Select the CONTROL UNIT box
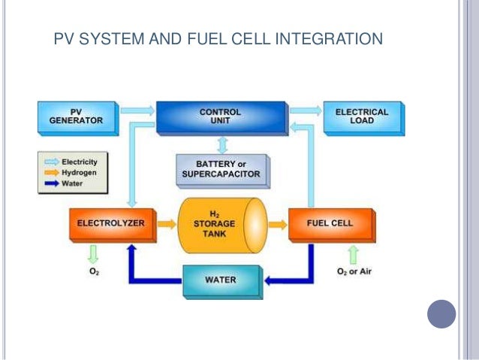(220, 117)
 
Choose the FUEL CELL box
(329, 223)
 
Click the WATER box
(221, 280)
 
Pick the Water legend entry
(75, 182)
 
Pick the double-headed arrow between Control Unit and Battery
(221, 144)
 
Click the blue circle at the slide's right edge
(441, 313)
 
